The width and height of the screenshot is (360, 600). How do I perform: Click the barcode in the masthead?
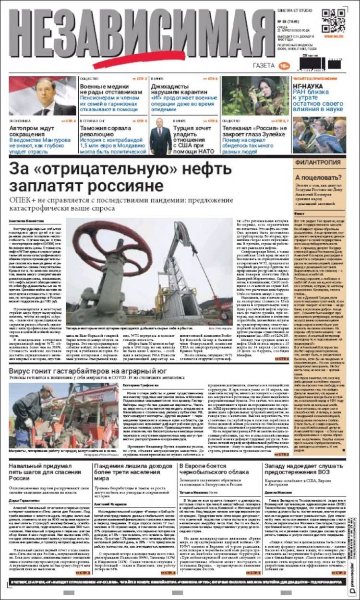tap(320, 63)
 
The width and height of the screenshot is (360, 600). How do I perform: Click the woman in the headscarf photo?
tap(265, 94)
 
